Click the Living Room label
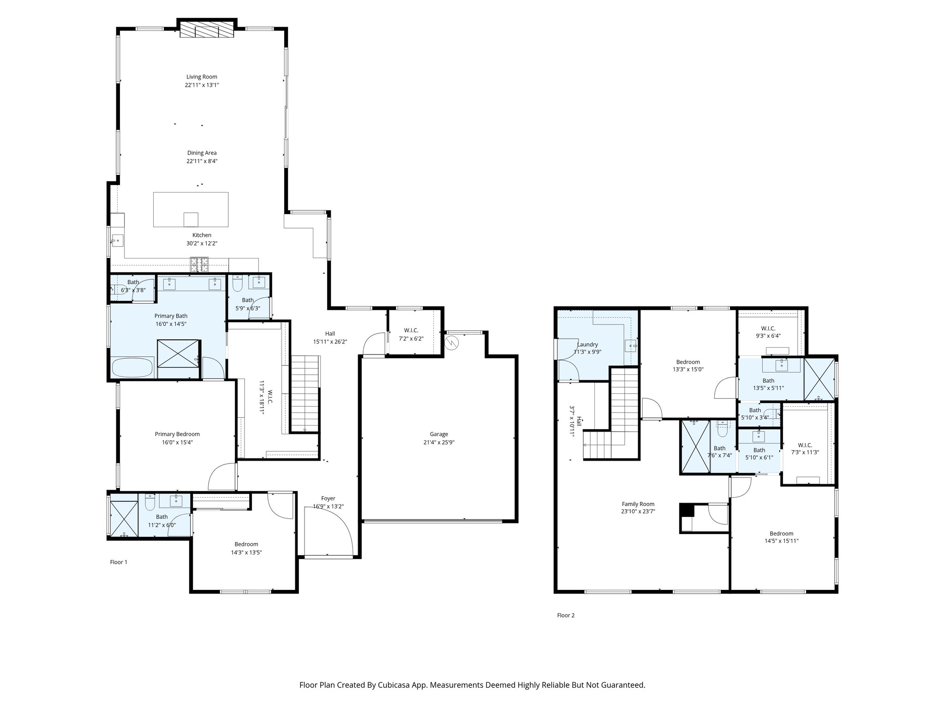tap(202, 77)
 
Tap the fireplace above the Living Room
tap(206, 31)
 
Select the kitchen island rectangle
tap(191, 209)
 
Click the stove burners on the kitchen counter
tap(199, 264)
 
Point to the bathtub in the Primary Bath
tap(133, 368)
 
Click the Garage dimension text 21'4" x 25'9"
tap(439, 442)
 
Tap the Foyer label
tap(328, 499)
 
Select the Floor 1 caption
tap(119, 562)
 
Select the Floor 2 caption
tap(566, 615)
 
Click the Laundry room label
tap(587, 344)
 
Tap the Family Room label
tap(638, 504)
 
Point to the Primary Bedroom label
tap(177, 434)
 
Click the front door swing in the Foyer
tap(329, 531)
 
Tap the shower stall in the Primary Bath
tap(179, 359)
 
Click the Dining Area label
tap(202, 153)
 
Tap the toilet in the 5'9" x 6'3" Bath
tap(237, 284)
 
